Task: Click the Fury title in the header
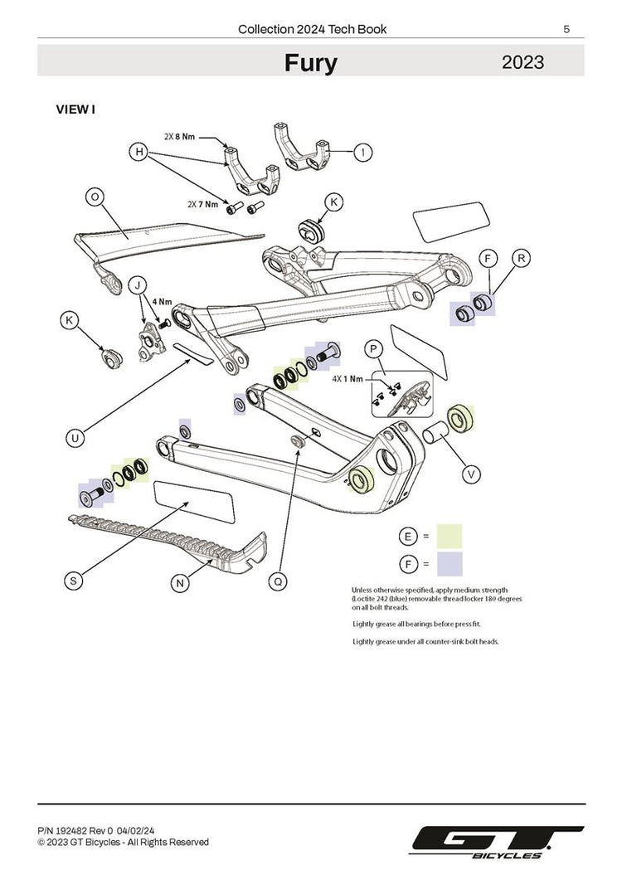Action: click(311, 63)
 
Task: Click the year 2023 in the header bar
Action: click(522, 62)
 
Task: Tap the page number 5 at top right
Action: click(566, 29)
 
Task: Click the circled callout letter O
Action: click(95, 197)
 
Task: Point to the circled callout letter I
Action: click(362, 152)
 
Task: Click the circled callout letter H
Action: click(139, 152)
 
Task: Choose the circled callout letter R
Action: click(521, 258)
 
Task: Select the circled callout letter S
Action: click(75, 581)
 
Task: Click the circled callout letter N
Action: click(180, 583)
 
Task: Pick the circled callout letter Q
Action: click(279, 582)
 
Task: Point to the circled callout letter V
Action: click(471, 474)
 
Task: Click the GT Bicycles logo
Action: click(498, 841)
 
